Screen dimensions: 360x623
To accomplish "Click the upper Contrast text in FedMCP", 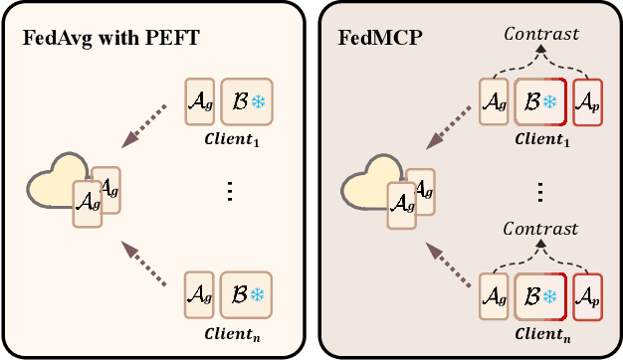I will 539,34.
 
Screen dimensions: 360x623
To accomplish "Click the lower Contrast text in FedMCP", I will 539,229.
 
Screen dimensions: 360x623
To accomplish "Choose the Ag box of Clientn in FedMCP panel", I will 495,296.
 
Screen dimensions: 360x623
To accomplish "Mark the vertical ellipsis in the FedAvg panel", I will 229,192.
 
